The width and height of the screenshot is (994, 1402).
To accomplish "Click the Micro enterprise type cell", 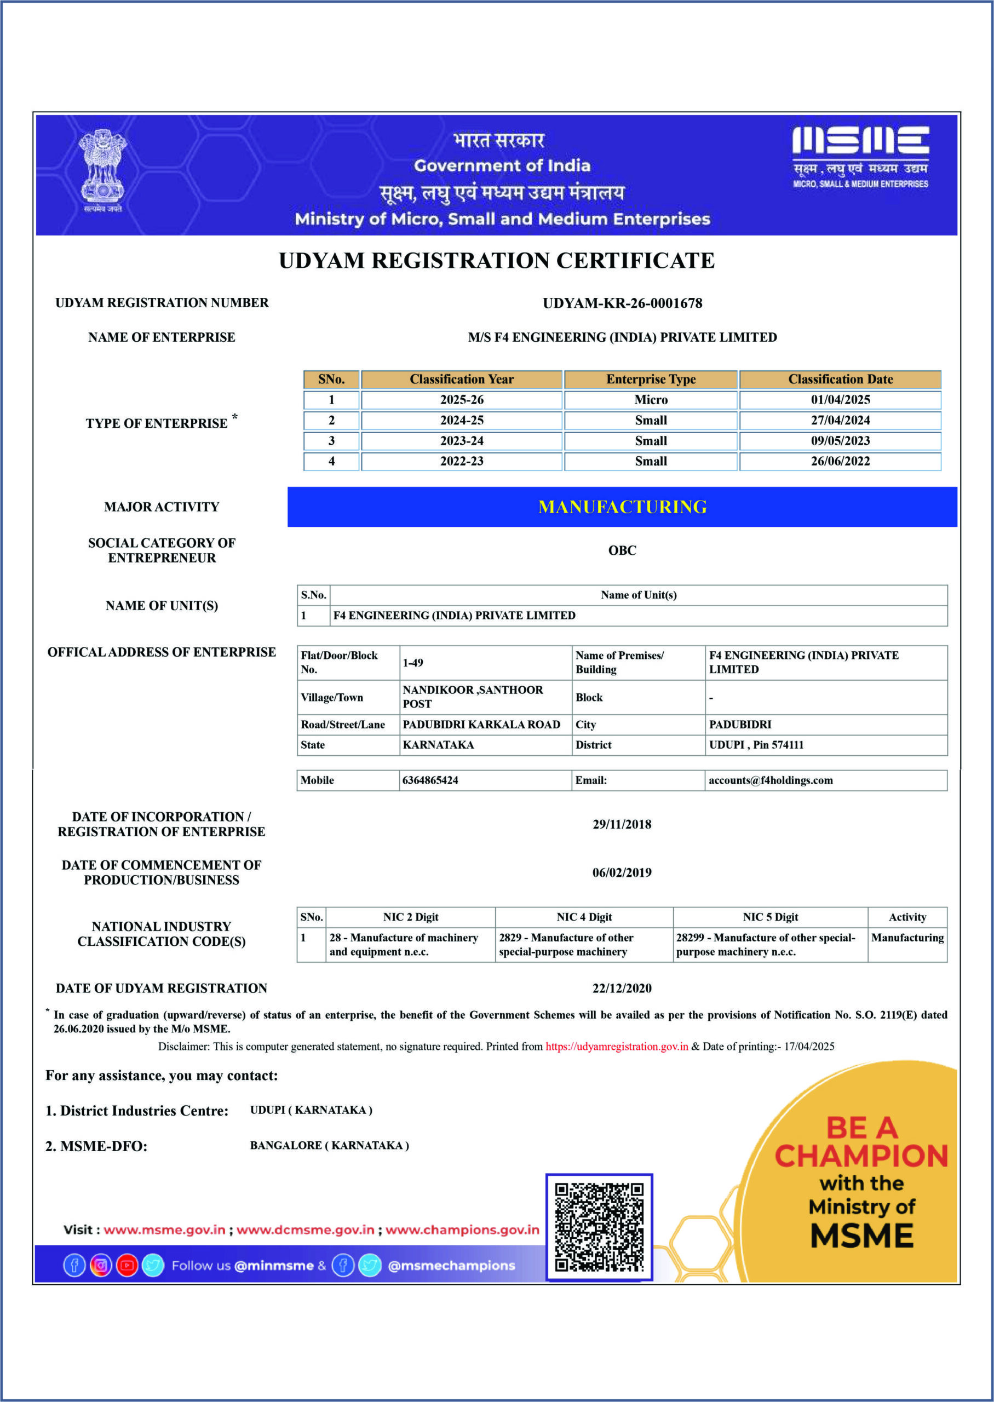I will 651,400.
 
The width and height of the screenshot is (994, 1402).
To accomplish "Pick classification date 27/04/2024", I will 840,421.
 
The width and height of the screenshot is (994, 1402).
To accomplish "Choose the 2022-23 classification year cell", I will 462,462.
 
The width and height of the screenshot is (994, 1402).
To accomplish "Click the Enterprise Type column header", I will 651,380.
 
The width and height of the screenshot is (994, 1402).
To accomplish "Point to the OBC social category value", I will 622,550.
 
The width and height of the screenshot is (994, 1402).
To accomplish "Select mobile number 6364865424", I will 430,780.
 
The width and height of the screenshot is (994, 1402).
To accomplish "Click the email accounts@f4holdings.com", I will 770,780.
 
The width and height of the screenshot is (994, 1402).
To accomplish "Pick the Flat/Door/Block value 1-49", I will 413,663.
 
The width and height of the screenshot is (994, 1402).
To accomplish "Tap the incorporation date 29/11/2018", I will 621,824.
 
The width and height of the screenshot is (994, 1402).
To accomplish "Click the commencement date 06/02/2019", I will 621,872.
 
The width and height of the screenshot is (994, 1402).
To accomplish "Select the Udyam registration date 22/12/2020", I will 621,989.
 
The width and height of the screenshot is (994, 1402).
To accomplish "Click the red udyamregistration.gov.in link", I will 616,1047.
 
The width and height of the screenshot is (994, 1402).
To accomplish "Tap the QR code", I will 599,1227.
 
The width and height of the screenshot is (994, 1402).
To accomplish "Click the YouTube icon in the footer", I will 127,1266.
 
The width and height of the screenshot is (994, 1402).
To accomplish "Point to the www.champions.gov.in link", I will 462,1230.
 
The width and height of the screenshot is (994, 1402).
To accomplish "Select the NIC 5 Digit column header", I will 770,917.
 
